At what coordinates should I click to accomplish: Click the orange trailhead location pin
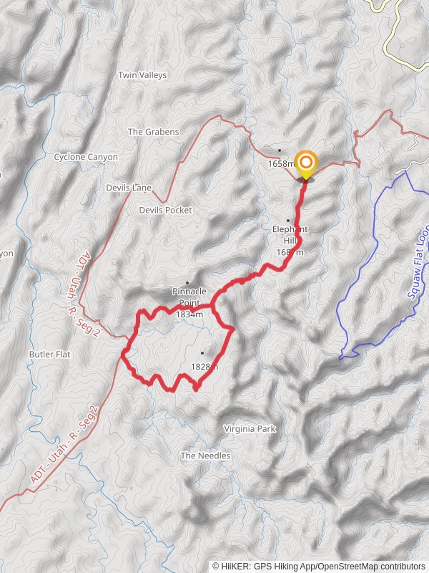pos(306,162)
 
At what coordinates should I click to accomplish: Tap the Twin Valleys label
pos(142,75)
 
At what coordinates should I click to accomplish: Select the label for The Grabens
pos(152,132)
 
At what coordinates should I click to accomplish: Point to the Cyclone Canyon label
pos(86,157)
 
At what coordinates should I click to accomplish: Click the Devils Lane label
pos(129,188)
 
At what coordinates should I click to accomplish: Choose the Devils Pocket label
pos(165,211)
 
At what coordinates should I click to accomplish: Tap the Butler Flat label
pos(49,355)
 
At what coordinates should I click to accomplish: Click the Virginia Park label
pos(250,429)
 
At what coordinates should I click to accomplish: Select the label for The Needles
pos(205,456)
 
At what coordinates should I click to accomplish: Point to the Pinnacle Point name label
pos(189,292)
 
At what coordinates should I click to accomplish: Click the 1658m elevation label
pos(281,163)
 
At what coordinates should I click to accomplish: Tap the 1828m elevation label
pos(204,367)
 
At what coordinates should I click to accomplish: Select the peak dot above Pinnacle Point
pos(188,282)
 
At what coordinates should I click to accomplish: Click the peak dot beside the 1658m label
pos(280,150)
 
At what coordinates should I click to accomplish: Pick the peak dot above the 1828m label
pos(202,352)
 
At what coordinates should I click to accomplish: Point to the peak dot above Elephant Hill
pos(288,220)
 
